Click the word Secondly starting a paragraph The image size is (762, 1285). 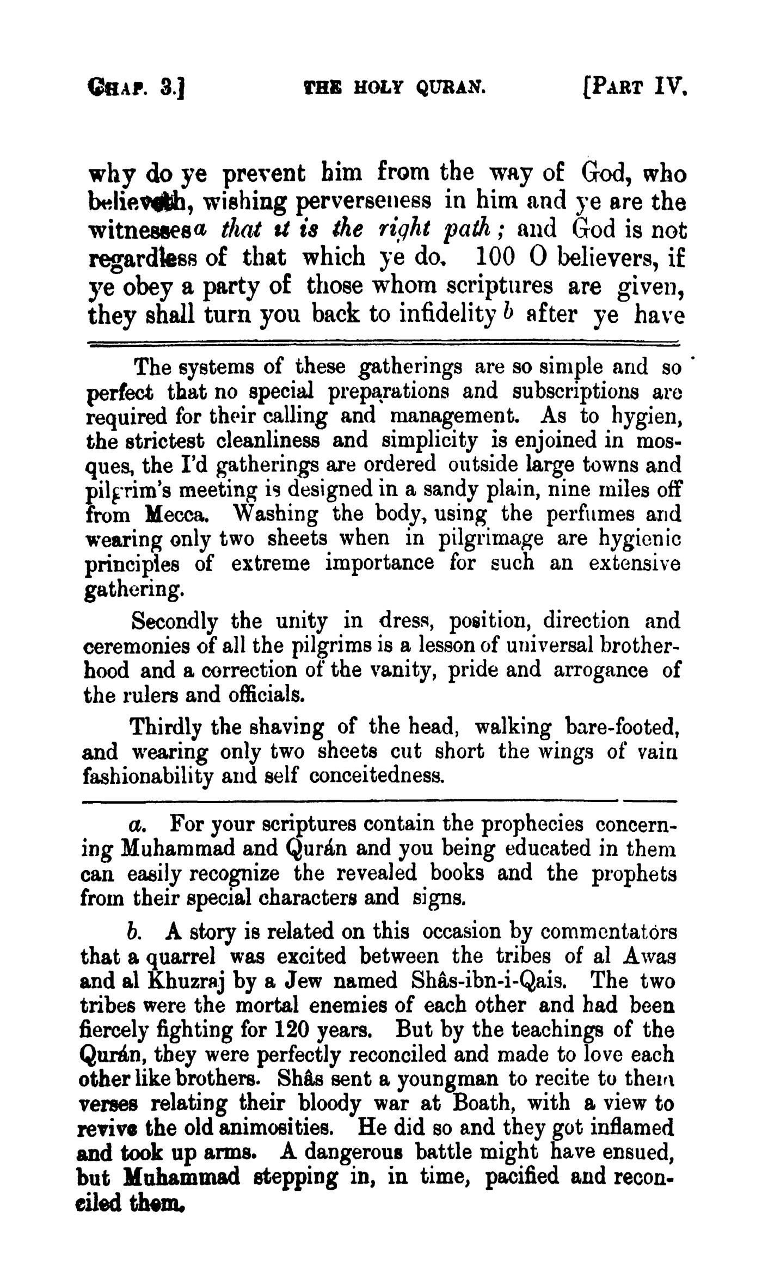[175, 622]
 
